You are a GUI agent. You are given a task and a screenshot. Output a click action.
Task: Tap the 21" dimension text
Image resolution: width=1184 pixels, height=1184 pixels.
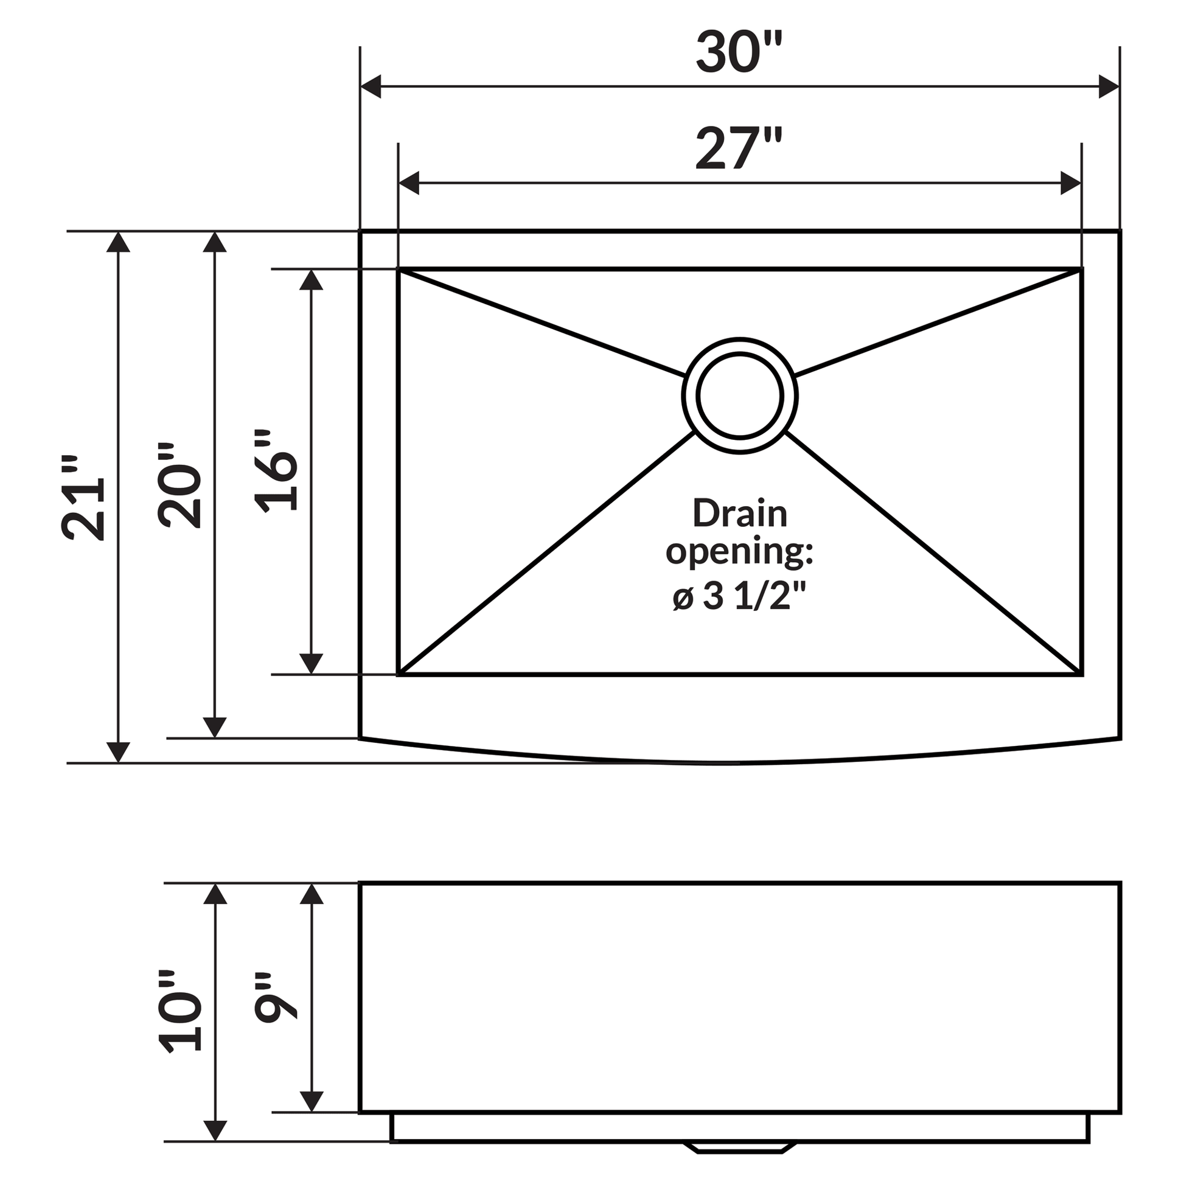pyautogui.click(x=84, y=498)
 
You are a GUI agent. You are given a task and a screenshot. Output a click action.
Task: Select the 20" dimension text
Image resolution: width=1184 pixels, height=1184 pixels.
pyautogui.click(x=180, y=486)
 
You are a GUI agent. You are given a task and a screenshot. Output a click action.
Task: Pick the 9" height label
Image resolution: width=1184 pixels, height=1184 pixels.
pyautogui.click(x=277, y=998)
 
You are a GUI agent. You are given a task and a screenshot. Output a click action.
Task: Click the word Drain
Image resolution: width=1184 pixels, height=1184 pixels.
pyautogui.click(x=740, y=514)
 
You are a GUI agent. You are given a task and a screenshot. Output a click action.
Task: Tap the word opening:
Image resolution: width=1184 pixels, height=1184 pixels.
pyautogui.click(x=740, y=553)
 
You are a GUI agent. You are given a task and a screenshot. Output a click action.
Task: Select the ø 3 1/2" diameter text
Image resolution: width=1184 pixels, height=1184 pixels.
pyautogui.click(x=740, y=596)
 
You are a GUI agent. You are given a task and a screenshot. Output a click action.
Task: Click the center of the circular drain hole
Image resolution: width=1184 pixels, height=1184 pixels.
pyautogui.click(x=740, y=396)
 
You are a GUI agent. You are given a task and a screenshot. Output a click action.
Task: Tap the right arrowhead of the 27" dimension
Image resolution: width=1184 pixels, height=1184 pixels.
pyautogui.click(x=1070, y=183)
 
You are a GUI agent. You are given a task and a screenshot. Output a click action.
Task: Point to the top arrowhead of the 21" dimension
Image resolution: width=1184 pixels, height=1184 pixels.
pyautogui.click(x=118, y=243)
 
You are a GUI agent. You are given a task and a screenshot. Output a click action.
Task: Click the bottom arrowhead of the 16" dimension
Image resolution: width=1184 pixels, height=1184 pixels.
pyautogui.click(x=312, y=663)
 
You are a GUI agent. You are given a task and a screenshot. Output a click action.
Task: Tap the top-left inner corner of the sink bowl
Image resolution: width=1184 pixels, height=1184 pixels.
pyautogui.click(x=399, y=270)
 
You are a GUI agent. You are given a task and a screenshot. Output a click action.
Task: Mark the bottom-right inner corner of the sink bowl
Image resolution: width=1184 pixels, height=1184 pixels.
pyautogui.click(x=1081, y=674)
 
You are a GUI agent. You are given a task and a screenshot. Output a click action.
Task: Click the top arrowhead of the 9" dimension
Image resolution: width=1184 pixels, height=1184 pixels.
pyautogui.click(x=312, y=895)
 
